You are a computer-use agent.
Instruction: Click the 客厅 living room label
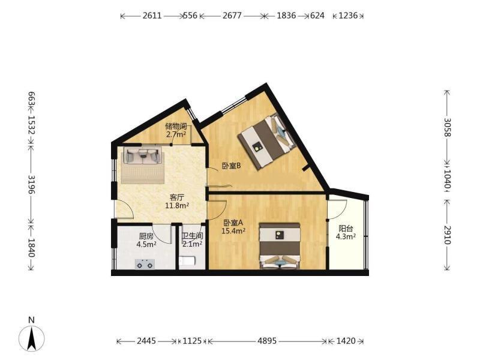176,197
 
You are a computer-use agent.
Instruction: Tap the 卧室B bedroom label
232,166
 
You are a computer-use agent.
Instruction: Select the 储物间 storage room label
176,126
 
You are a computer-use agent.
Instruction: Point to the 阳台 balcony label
346,229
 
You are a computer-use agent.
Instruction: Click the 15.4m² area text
233,231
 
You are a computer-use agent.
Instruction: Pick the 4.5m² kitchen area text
146,244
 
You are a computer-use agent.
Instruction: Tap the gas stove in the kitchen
145,264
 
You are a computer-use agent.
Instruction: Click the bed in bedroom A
279,246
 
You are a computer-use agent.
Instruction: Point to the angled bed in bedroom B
266,140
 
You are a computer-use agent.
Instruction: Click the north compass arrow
31,338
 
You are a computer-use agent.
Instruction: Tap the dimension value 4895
267,341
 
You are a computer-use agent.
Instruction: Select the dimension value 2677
232,16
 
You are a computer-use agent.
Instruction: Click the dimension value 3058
447,127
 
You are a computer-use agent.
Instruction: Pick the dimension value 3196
32,184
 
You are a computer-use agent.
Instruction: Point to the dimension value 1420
346,341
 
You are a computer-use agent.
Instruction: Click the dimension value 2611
152,16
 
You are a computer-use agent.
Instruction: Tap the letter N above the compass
31,320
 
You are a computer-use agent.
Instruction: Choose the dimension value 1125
192,341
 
